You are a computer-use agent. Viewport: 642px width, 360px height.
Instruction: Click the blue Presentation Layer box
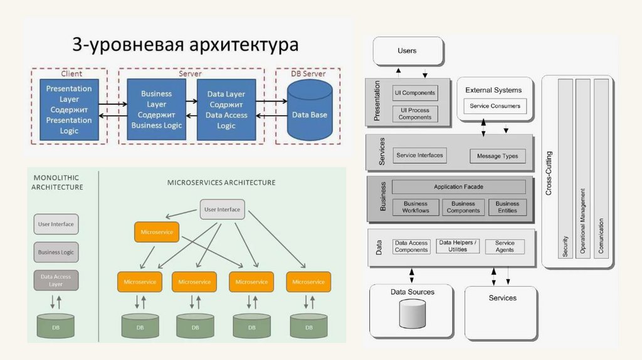pyautogui.click(x=69, y=109)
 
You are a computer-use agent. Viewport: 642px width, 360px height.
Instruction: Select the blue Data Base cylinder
pyautogui.click(x=310, y=110)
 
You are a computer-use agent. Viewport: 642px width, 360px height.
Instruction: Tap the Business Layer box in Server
pyautogui.click(x=156, y=109)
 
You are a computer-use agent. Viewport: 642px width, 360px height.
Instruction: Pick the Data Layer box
pyautogui.click(x=226, y=109)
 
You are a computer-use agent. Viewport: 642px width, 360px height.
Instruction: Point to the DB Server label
pyautogui.click(x=308, y=74)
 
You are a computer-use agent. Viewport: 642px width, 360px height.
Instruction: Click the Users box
pyautogui.click(x=408, y=51)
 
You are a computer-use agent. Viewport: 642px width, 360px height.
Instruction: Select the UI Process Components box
pyautogui.click(x=415, y=114)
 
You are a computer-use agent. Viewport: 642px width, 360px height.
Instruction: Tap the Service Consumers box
pyautogui.click(x=495, y=106)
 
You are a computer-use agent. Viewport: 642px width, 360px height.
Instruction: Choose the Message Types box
pyautogui.click(x=497, y=156)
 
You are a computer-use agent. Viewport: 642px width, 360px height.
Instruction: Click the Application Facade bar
pyautogui.click(x=458, y=187)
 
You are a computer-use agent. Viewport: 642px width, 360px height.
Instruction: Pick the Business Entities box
pyautogui.click(x=507, y=207)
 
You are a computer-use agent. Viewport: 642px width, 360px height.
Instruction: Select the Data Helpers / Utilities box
pyautogui.click(x=457, y=246)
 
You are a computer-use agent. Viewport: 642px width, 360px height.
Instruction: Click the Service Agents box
pyautogui.click(x=505, y=246)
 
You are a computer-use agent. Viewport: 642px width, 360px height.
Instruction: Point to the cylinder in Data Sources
pyautogui.click(x=413, y=314)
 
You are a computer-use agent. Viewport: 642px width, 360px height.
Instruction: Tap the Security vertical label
pyautogui.click(x=565, y=246)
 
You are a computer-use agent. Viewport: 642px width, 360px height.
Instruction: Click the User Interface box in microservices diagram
pyautogui.click(x=223, y=209)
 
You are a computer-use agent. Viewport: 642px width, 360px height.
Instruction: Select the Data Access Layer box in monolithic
pyautogui.click(x=56, y=280)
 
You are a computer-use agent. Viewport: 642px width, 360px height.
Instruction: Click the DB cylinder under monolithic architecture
pyautogui.click(x=56, y=326)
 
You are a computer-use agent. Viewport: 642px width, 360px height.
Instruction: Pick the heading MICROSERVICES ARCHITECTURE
pyautogui.click(x=221, y=183)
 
